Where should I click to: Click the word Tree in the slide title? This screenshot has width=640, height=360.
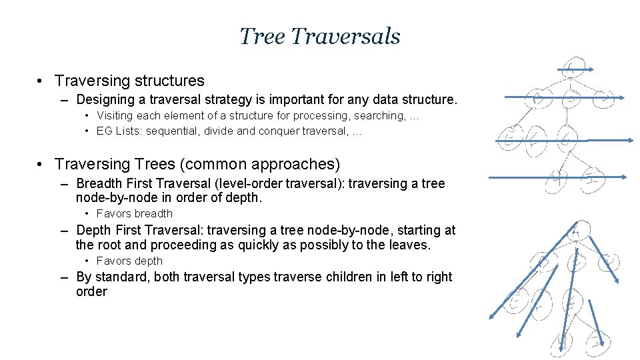(x=262, y=36)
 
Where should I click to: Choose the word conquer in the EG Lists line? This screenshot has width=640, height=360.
(x=283, y=131)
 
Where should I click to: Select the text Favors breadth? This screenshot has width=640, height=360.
(x=135, y=214)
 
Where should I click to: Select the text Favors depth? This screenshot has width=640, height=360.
(x=129, y=261)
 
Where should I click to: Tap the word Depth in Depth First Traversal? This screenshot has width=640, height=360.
(x=95, y=231)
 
